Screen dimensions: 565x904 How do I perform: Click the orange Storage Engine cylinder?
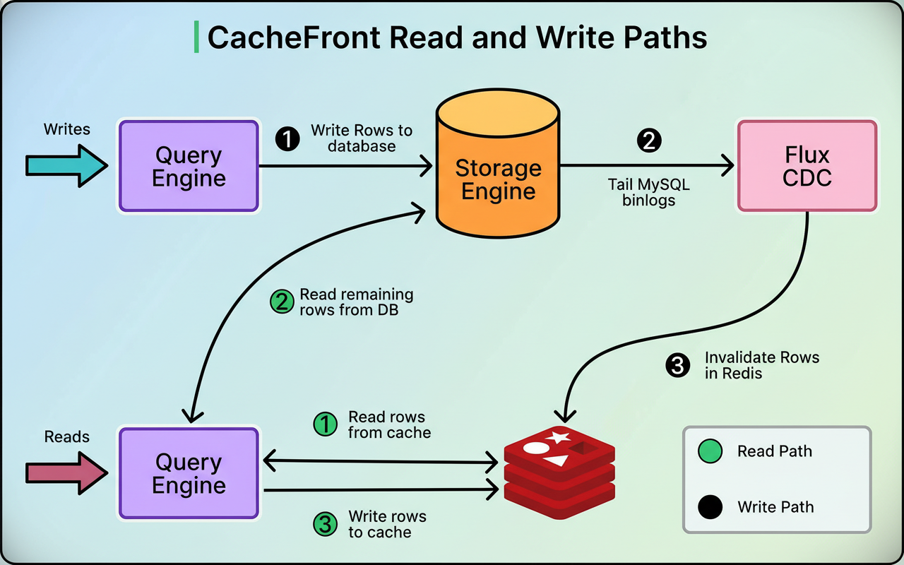coord(498,177)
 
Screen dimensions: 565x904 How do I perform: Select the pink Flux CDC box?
coord(807,166)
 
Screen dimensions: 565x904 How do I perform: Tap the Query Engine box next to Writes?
coord(189,166)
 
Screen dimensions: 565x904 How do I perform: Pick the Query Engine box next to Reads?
coord(189,473)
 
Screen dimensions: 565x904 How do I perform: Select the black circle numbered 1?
coord(287,139)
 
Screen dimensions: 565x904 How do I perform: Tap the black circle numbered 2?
coord(648,141)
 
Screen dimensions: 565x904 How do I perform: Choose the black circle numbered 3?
coord(677,366)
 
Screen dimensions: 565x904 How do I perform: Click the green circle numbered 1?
coord(325,424)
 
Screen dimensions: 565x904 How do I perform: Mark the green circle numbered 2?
coord(282,302)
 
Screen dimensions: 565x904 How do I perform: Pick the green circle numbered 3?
coord(325,524)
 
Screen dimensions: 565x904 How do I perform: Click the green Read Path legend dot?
coord(709,451)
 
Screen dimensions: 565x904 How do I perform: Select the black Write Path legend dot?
coord(709,506)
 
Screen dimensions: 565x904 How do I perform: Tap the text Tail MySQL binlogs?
coord(648,193)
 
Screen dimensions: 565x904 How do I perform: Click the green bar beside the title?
coord(196,37)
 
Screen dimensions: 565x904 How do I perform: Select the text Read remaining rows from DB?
coord(356,302)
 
